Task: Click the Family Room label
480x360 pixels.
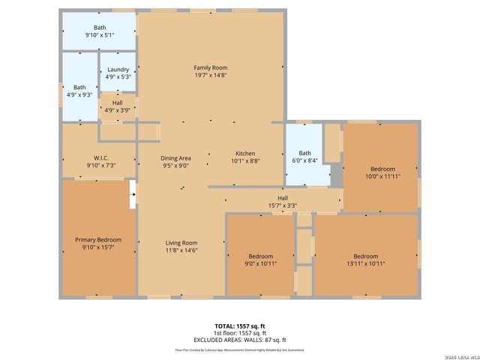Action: [x=210, y=67]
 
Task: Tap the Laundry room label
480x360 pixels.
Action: [x=118, y=70]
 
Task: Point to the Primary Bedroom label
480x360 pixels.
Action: [x=98, y=240]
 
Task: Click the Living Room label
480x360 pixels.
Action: [x=181, y=242]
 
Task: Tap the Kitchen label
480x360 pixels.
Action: [x=246, y=153]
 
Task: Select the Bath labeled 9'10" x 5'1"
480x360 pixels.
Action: [x=100, y=28]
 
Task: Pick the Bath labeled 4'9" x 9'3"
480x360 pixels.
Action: [x=79, y=87]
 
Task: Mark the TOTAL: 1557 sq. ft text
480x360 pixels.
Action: [x=239, y=326]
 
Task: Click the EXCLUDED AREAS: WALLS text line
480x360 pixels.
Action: [x=239, y=340]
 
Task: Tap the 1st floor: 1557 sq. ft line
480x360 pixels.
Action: [x=239, y=333]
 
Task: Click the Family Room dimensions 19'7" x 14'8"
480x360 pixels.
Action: [x=210, y=75]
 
